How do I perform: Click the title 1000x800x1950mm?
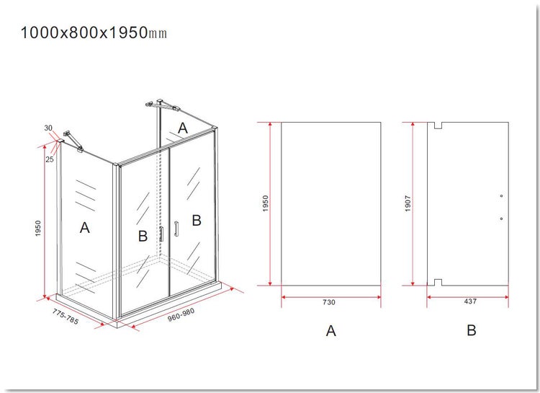[94, 32]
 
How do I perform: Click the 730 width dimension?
[329, 302]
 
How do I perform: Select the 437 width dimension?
[470, 301]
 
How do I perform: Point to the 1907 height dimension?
[408, 203]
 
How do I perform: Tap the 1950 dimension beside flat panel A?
[265, 203]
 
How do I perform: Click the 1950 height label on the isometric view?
[38, 229]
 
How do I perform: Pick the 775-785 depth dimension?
[66, 317]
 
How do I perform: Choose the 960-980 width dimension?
[181, 314]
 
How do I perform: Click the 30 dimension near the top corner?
[48, 128]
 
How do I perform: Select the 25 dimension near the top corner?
[50, 159]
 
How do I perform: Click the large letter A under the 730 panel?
[330, 330]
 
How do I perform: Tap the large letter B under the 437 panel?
[472, 330]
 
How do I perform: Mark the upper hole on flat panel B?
[501, 196]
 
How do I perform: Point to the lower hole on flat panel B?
[501, 218]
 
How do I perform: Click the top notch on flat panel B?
[438, 125]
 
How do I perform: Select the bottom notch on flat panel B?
[438, 283]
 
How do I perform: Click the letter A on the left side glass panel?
[85, 228]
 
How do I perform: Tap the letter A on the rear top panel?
[183, 128]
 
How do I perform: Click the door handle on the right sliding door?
[176, 229]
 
